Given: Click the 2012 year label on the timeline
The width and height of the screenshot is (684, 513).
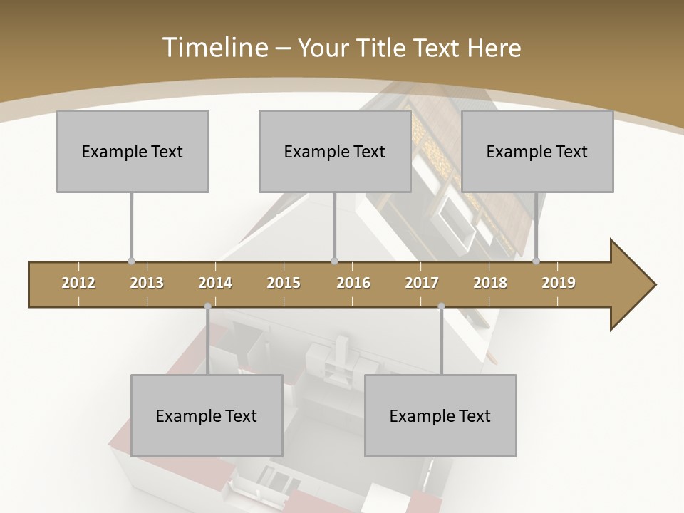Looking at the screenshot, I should [x=78, y=283].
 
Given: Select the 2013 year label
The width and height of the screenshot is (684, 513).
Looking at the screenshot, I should [x=147, y=283].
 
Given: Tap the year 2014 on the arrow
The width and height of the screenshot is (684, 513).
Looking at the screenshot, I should [x=215, y=283].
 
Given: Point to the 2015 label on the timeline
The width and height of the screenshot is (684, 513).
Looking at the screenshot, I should [x=284, y=283].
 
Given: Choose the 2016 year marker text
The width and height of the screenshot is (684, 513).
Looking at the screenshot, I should [x=353, y=283].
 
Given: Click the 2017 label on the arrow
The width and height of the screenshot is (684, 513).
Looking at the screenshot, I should [x=422, y=283].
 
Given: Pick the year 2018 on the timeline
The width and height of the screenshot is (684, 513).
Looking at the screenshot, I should [x=490, y=283].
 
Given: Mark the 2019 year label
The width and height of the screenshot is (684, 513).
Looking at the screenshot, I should [x=559, y=283].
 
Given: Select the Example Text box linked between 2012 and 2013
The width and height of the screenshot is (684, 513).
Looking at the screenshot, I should [x=133, y=151].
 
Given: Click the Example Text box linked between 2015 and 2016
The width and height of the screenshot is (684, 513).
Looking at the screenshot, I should [x=335, y=151].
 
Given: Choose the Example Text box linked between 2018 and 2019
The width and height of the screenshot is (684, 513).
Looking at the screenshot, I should [x=537, y=151].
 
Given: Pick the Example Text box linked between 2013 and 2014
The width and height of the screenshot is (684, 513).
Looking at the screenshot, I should [x=207, y=415].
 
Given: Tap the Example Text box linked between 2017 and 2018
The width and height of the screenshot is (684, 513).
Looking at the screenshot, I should [x=440, y=415].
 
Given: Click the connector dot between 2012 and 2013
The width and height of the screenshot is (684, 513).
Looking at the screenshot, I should [x=131, y=261].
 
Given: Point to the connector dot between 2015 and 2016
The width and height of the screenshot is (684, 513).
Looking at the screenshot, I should [x=335, y=261].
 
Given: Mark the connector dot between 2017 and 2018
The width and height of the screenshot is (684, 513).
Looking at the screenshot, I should [x=441, y=306].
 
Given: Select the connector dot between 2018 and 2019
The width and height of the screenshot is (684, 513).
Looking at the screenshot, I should [x=537, y=261].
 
